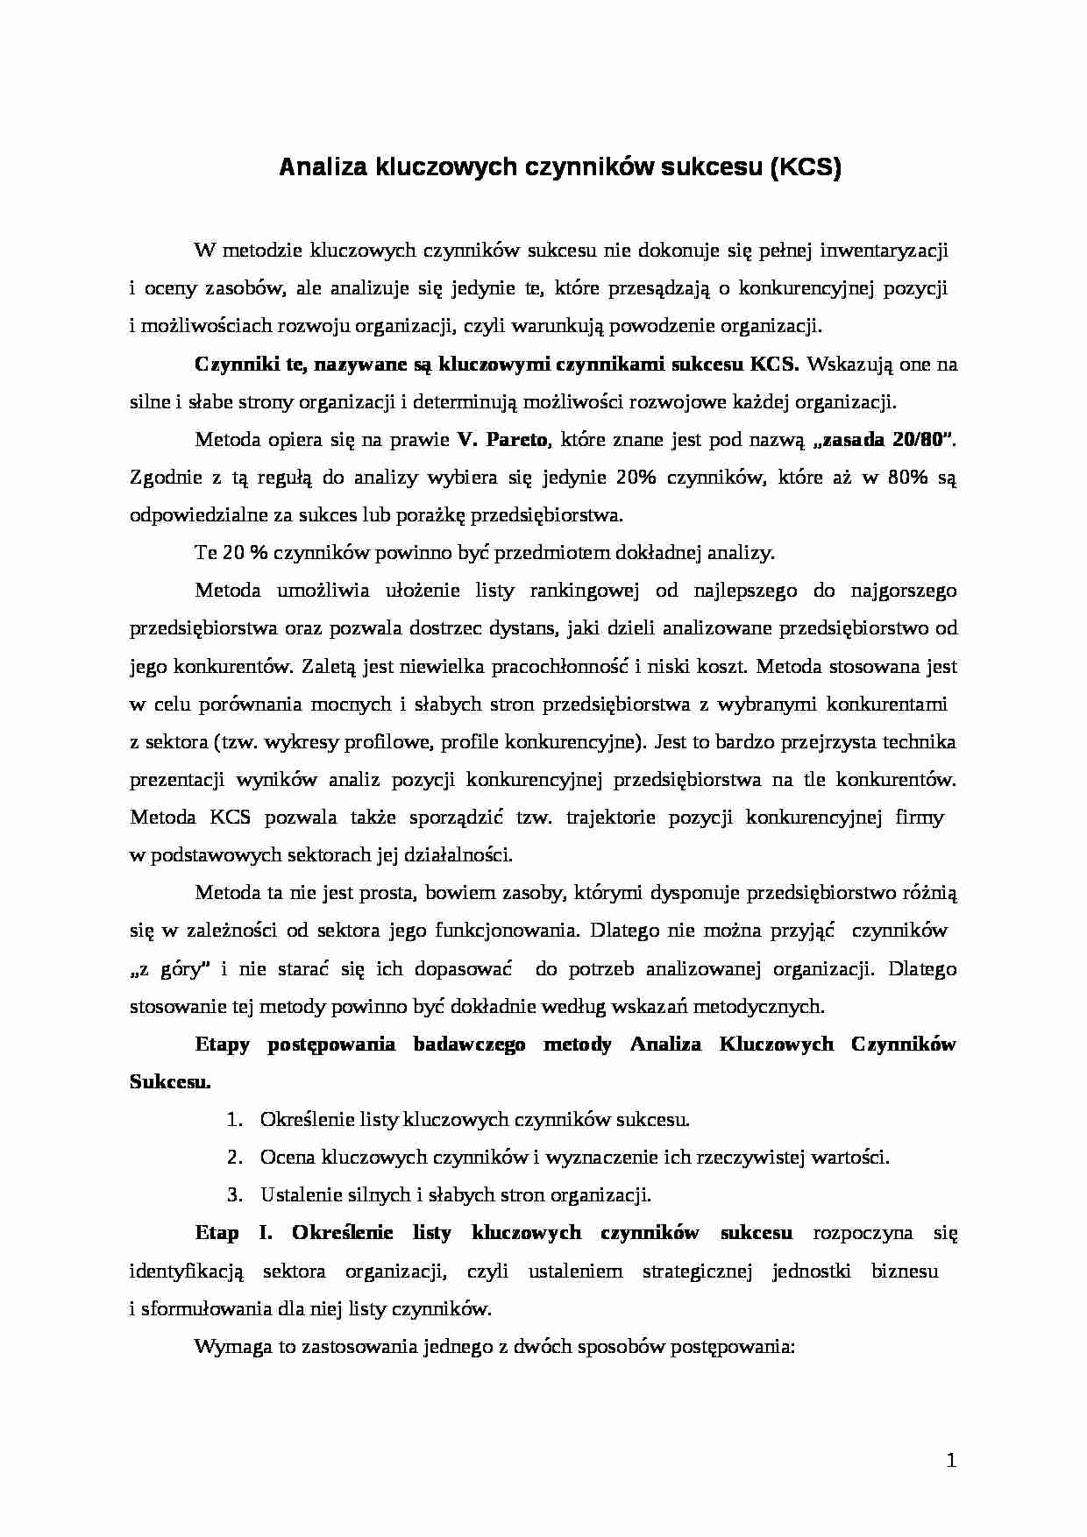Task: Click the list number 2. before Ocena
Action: (234, 1157)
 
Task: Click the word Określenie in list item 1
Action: (303, 1119)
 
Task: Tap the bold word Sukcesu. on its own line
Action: (170, 1081)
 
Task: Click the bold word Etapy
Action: (222, 1044)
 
